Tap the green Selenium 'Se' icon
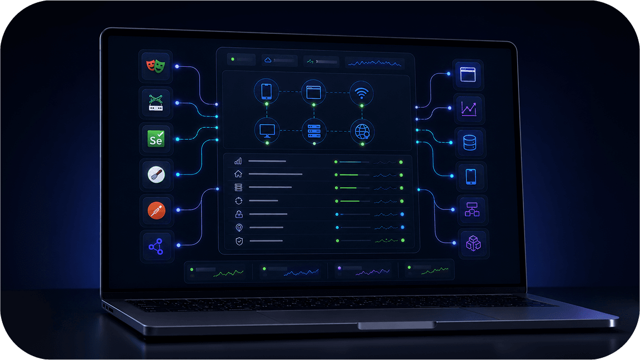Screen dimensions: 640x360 [x=156, y=139]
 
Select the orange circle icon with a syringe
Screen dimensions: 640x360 [x=156, y=211]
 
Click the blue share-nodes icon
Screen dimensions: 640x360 [x=156, y=247]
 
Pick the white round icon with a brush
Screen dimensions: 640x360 [x=156, y=174]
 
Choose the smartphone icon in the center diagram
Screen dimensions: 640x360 [x=266, y=91]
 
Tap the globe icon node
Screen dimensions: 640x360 [x=362, y=132]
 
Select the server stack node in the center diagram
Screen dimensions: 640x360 [x=314, y=131]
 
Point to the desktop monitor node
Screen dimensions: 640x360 [x=267, y=131]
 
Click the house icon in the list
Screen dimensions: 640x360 [x=238, y=174]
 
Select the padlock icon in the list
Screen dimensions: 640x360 [x=239, y=214]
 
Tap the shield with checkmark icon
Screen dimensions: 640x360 [x=239, y=241]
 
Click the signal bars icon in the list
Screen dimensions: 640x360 [x=238, y=161]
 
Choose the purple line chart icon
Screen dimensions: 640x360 [x=468, y=109]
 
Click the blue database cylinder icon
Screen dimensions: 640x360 [x=470, y=143]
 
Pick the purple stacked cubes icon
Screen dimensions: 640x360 [x=473, y=243]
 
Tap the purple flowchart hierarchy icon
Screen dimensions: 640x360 [x=472, y=209]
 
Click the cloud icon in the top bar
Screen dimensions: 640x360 [x=268, y=60]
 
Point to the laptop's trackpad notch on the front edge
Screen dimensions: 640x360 [x=396, y=326]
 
